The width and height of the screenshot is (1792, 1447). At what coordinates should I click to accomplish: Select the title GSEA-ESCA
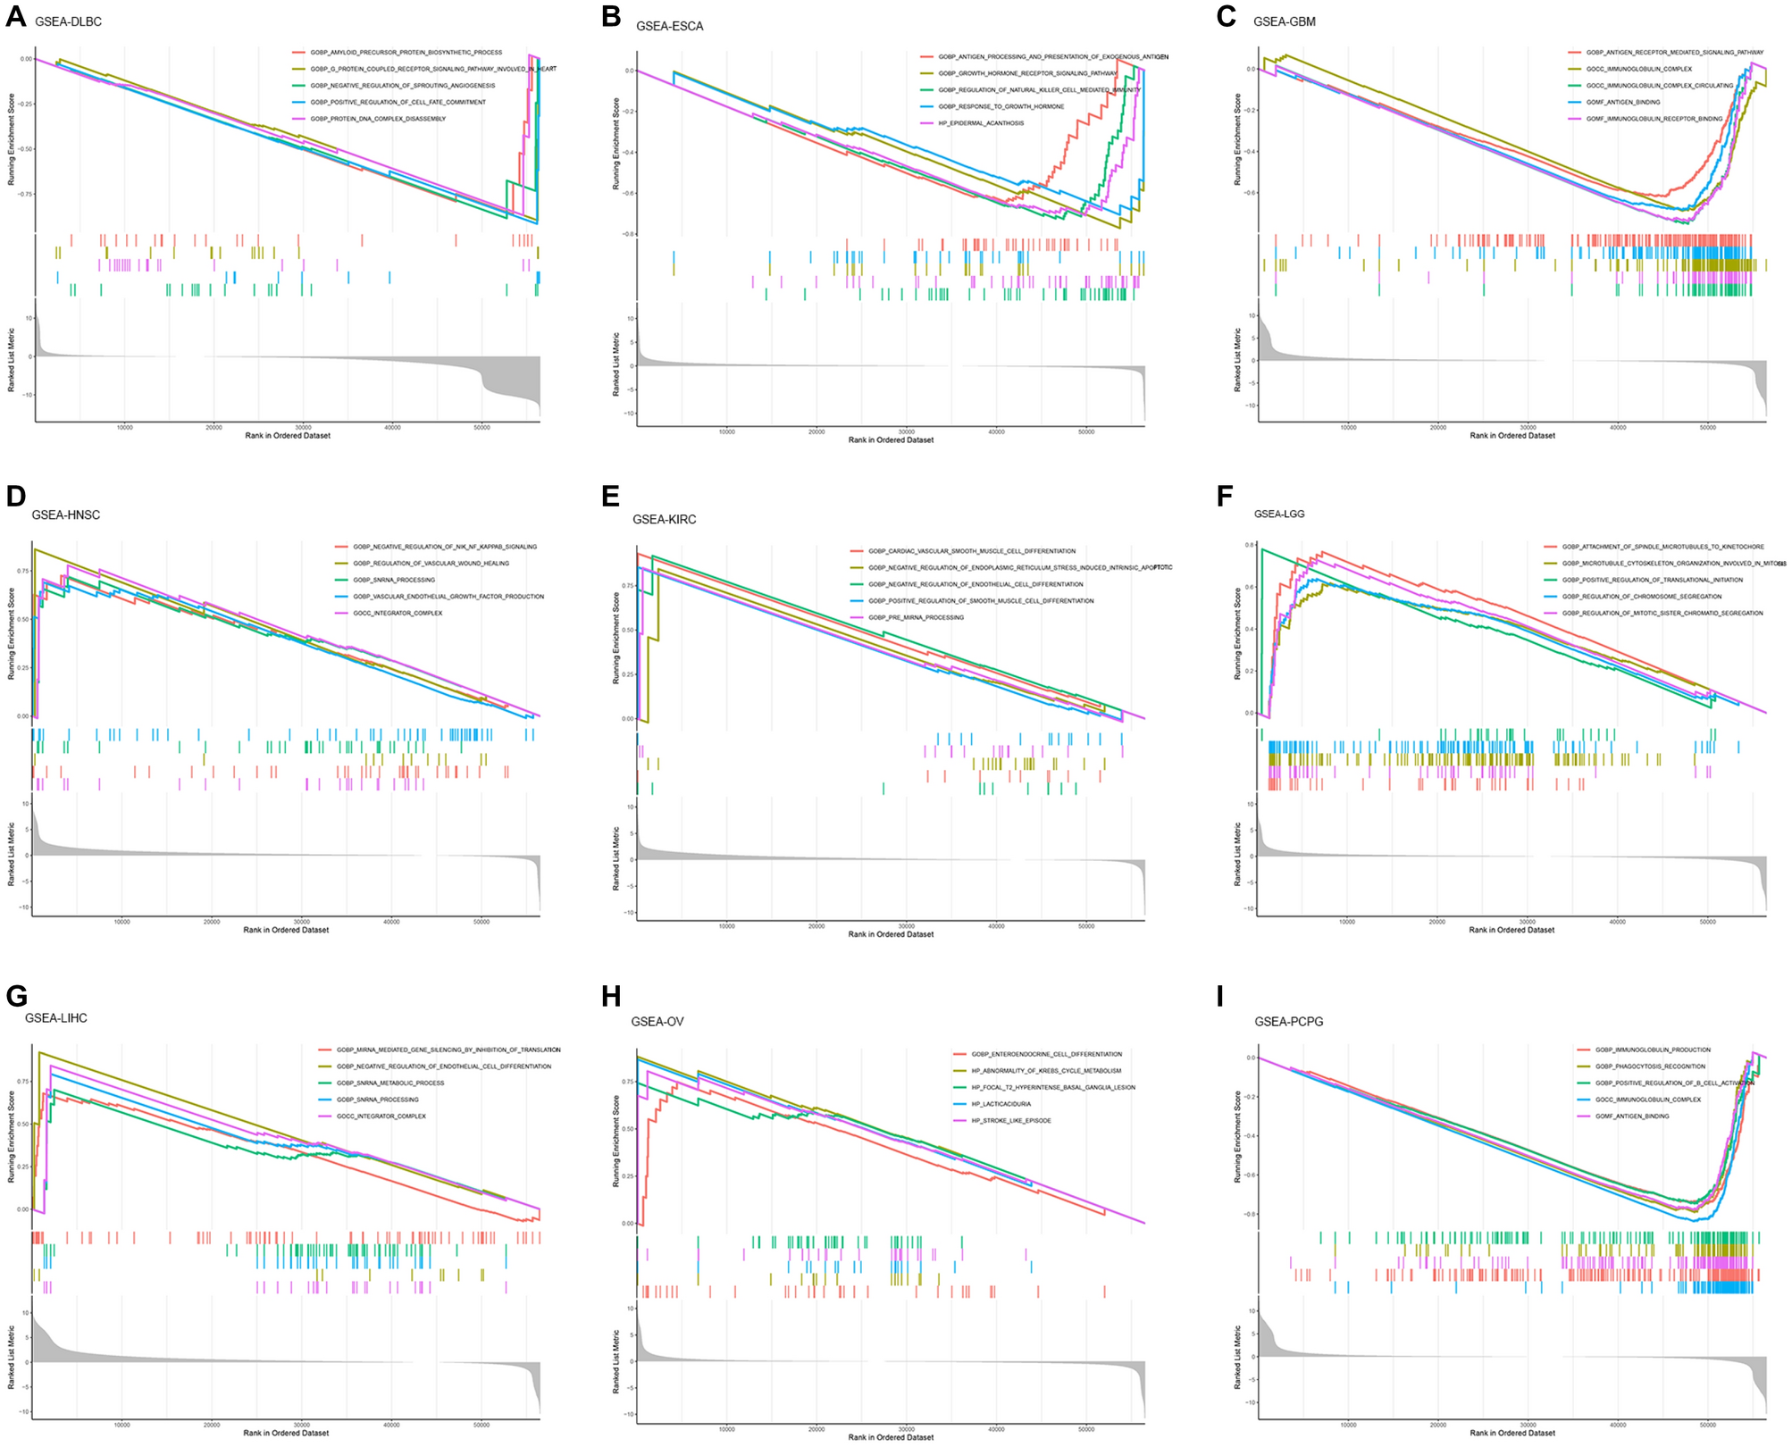point(669,26)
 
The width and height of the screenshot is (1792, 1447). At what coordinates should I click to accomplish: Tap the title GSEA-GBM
point(1284,21)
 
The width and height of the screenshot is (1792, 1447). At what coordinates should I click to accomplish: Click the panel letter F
point(1225,496)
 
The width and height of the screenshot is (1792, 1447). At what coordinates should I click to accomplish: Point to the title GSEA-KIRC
point(664,519)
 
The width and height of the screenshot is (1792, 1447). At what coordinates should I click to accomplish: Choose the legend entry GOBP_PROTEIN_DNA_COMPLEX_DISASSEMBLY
point(378,119)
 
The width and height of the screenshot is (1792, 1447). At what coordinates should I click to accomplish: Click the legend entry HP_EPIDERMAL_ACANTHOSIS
point(981,123)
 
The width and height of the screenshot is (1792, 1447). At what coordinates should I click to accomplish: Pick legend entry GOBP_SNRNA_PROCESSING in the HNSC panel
point(394,580)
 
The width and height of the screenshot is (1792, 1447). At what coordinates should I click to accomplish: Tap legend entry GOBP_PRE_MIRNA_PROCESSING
point(916,617)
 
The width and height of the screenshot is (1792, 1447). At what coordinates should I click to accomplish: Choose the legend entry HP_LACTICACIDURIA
point(1001,1104)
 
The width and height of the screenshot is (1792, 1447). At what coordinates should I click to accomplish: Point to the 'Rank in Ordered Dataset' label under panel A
point(288,436)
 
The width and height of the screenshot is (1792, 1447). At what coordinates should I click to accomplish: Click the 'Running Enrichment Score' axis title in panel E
point(615,638)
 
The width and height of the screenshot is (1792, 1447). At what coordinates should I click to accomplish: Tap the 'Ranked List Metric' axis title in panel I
point(1237,1357)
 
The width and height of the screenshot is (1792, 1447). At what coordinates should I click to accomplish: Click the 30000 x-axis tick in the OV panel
point(906,1429)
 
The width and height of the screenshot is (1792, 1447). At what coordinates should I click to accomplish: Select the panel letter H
point(612,997)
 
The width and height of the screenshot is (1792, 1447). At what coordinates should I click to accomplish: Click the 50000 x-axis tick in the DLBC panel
point(481,428)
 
